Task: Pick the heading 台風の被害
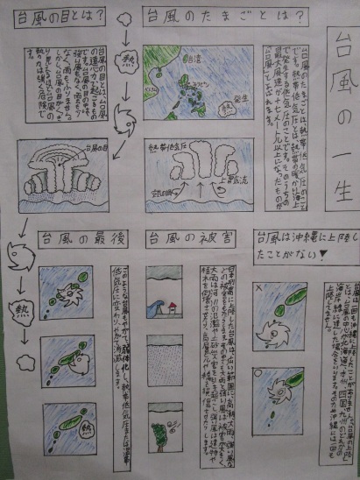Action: pyautogui.click(x=180, y=237)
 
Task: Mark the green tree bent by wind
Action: pyautogui.click(x=159, y=434)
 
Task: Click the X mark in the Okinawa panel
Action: pyautogui.click(x=258, y=286)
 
